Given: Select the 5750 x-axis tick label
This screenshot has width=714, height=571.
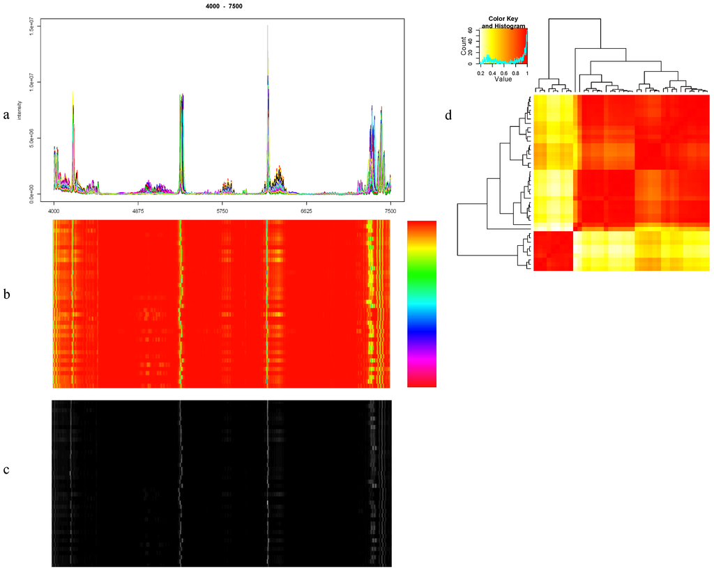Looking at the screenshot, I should [222, 210].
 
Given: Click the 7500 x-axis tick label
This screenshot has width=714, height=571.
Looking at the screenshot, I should [390, 210].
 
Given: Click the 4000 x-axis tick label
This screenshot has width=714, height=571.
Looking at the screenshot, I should [54, 210].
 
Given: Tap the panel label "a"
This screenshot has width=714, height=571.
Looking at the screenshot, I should [6, 116].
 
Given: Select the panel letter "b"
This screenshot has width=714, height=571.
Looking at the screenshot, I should [6, 295].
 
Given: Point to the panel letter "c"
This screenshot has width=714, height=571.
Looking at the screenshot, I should [6, 469].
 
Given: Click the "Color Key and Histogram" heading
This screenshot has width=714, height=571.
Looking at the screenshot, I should [502, 22].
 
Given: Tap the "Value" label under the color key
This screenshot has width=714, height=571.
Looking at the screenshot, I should [503, 79].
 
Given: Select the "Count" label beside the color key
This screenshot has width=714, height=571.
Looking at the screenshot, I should [464, 47].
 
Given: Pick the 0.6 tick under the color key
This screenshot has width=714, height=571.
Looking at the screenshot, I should [503, 72].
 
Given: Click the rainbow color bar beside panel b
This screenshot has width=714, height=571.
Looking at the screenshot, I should [420, 304].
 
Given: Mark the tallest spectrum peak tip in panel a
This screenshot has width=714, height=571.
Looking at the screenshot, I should [268, 26].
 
